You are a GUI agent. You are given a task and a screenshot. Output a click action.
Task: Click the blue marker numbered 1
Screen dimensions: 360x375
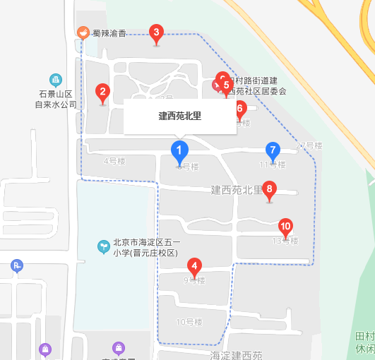tap(179, 151)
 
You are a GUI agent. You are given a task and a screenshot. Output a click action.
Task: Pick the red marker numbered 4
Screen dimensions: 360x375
tap(194, 268)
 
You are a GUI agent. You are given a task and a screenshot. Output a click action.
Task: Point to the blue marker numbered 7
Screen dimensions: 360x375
tap(272, 151)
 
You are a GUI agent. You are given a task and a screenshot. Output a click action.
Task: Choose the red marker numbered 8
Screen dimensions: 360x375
tap(269, 190)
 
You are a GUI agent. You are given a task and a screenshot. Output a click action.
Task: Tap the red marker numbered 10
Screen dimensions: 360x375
tap(285, 228)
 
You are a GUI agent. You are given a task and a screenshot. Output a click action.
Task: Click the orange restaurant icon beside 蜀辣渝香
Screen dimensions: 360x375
tap(83, 32)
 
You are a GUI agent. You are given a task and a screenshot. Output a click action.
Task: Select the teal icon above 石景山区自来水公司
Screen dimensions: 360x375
tap(55, 80)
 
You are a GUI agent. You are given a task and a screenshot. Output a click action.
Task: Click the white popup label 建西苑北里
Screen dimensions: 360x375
tap(180, 116)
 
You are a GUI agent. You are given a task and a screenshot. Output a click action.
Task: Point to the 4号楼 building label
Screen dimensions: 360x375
tap(114, 161)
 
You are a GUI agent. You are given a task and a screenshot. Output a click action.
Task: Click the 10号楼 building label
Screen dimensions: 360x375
tap(189, 323)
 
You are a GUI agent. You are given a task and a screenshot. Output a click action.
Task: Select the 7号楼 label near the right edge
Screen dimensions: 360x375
tap(309, 146)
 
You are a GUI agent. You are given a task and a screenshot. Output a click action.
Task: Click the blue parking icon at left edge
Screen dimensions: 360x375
tap(17, 265)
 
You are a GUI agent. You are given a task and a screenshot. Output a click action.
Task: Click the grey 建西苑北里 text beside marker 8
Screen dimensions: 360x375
tap(236, 190)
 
